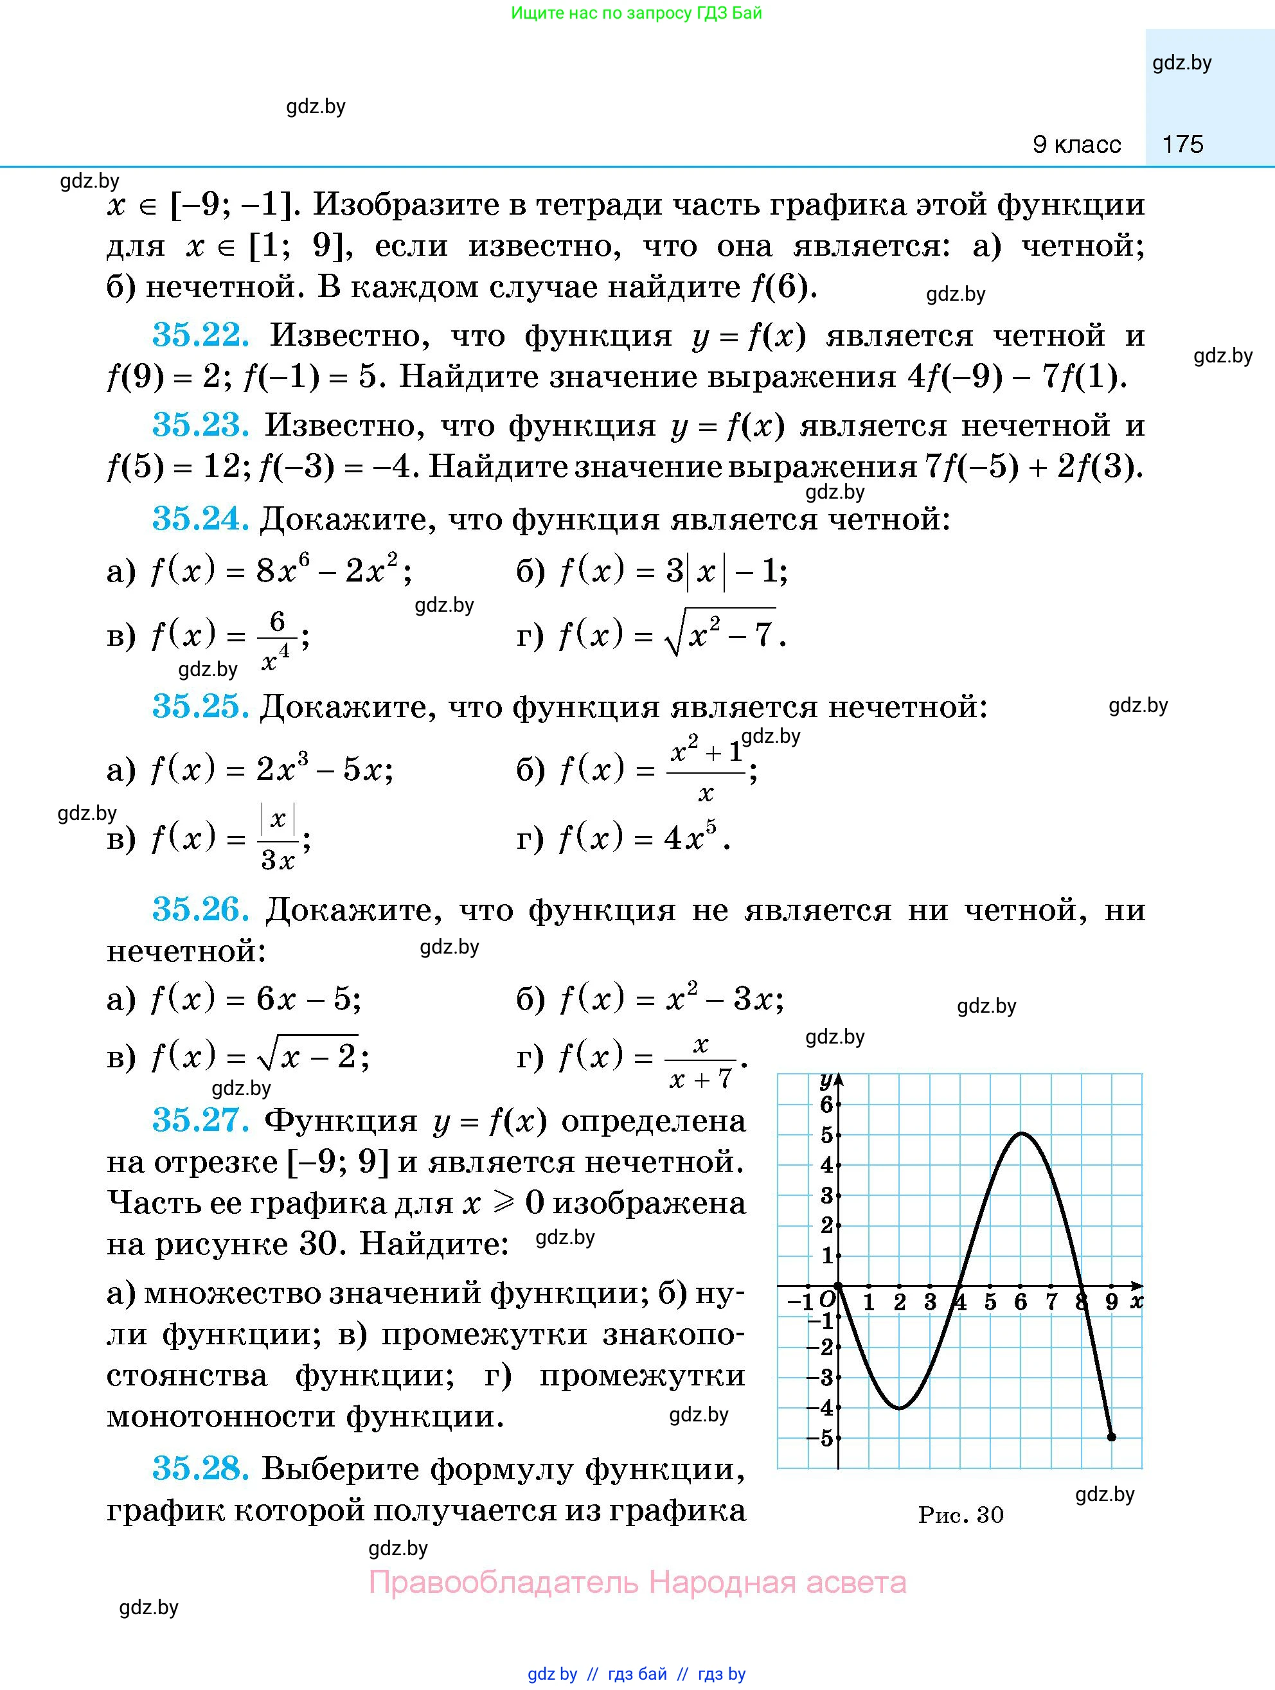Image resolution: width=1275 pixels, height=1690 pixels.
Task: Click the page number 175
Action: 1182,145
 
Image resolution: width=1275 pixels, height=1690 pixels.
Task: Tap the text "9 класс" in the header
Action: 1076,145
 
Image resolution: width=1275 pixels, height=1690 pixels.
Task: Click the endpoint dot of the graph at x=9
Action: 1112,1437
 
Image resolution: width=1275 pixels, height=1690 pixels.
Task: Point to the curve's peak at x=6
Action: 1021,1134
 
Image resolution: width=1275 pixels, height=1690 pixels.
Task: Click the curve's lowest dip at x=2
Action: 900,1407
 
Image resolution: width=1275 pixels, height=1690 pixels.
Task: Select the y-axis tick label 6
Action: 826,1104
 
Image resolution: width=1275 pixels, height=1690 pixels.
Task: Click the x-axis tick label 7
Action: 1051,1303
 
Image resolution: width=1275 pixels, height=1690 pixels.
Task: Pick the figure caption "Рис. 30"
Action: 960,1515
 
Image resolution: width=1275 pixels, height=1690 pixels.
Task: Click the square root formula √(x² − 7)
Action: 720,634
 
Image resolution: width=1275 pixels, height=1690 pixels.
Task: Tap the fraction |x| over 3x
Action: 278,839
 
